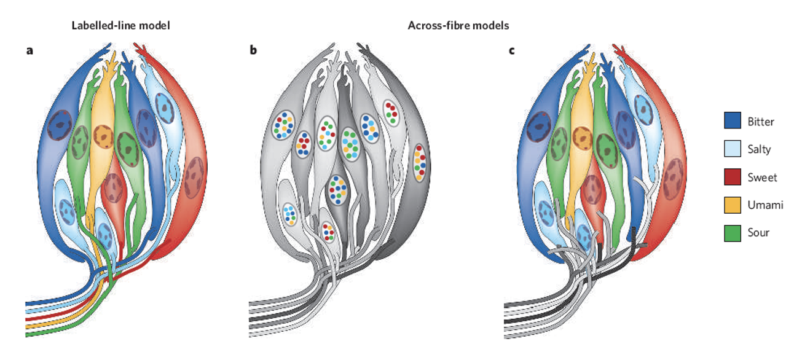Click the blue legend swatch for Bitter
(x=733, y=121)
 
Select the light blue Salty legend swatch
(x=733, y=149)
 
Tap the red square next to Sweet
(x=733, y=177)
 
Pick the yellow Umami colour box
(x=733, y=205)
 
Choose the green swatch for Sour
(x=733, y=233)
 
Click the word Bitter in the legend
(x=761, y=122)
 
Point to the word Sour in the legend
(x=758, y=233)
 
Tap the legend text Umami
(x=765, y=205)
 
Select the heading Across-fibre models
(x=458, y=26)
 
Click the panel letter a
(x=29, y=50)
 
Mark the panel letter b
(x=253, y=50)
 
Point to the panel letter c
(x=512, y=50)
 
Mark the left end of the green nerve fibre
(x=28, y=334)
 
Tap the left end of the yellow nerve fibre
(x=28, y=326)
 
